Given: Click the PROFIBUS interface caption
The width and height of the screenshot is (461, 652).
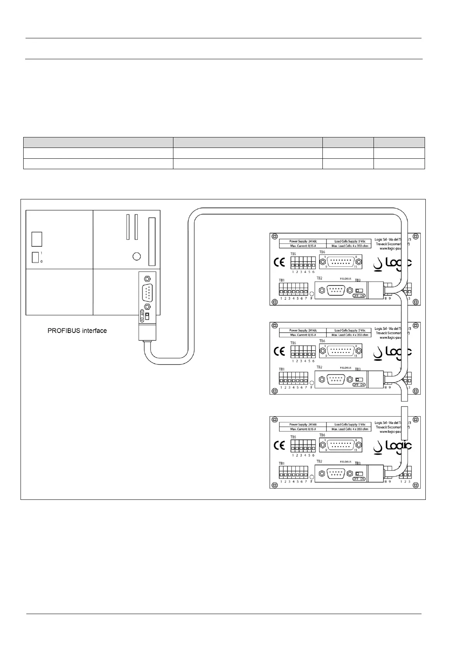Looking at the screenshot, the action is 77,331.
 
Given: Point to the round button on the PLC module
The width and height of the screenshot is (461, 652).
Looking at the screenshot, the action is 136,256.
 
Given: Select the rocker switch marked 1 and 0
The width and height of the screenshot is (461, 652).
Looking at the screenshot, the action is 36,257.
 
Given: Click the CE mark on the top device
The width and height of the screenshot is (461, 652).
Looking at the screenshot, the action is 279,263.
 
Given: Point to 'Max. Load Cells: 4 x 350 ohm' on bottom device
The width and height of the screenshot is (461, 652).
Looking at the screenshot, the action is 350,429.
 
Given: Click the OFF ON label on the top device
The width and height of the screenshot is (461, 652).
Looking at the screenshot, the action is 359,296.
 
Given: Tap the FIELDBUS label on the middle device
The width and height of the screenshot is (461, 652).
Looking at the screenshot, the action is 345,367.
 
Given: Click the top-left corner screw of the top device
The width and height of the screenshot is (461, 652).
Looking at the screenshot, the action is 274,236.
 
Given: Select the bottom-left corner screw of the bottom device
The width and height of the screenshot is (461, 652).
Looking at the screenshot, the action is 274,485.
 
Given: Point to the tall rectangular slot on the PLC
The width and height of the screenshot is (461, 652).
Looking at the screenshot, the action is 152,241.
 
